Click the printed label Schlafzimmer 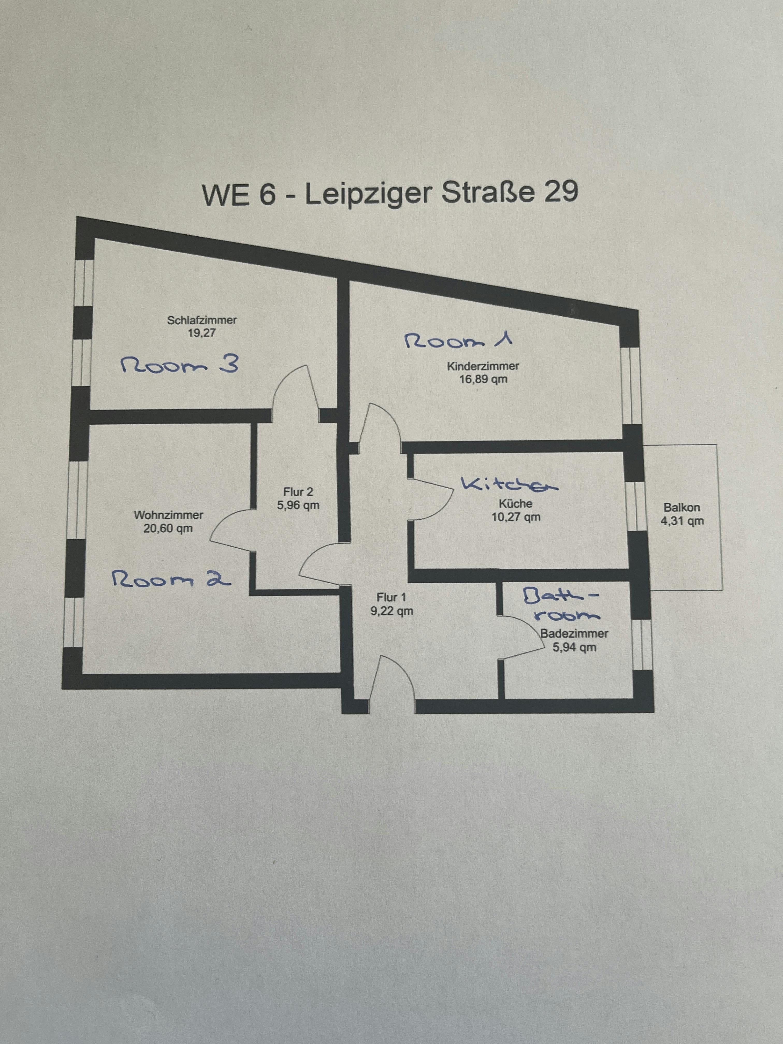202,320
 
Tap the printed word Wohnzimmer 169,515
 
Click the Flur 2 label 298,492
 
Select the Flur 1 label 391,598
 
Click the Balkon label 682,508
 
